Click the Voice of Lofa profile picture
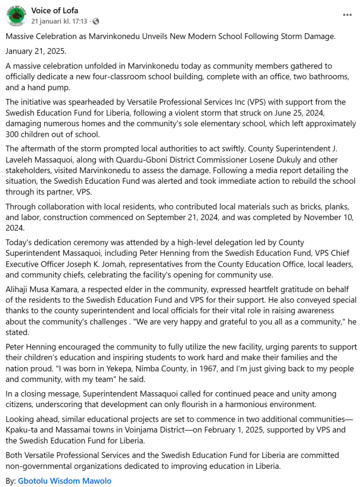coord(16,16)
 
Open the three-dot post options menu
coord(347,15)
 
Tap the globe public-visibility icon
coord(96,21)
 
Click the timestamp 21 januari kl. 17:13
coord(59,21)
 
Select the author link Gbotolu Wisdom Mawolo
coord(65,481)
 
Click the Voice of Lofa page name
coord(55,10)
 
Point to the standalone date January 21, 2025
coord(36,51)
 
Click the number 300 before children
coord(14,134)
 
